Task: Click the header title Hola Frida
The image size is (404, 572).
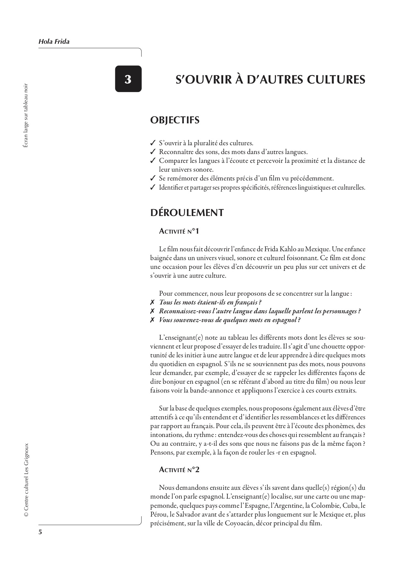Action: (54, 42)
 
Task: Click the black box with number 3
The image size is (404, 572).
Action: (128, 79)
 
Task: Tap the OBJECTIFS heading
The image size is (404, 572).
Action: (175, 120)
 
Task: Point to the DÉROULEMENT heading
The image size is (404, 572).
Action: (187, 213)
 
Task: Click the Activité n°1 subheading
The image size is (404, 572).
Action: (179, 231)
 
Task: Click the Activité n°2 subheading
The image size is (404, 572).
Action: (179, 470)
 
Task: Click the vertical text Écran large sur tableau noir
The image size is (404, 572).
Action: (26, 116)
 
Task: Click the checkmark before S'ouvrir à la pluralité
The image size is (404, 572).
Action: (152, 143)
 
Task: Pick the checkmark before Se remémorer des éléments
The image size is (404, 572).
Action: (152, 178)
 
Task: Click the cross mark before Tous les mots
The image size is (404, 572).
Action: (152, 302)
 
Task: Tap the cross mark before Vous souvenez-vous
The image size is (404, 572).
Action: (152, 320)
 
